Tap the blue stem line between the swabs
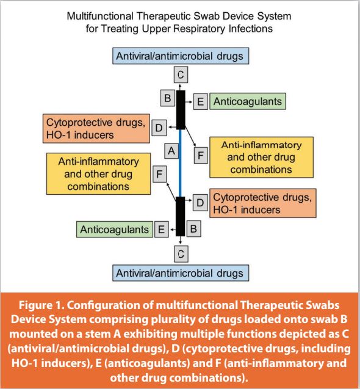pos(180,163)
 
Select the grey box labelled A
pos(171,151)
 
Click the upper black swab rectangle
pos(181,110)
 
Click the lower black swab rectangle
pos(180,216)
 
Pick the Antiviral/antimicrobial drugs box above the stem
pos(181,56)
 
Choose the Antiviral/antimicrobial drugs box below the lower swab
pos(181,273)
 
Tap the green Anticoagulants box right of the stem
pos(248,101)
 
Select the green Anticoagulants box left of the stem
pos(115,229)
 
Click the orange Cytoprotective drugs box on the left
pos(96,128)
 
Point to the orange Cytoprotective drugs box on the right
pos(263,203)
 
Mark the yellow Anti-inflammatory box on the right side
pos(261,158)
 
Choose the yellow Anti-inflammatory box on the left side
pos(98,173)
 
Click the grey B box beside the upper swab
pos(168,98)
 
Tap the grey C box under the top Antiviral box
pos(181,75)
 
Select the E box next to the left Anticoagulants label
pos(162,229)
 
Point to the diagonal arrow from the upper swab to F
pos(190,136)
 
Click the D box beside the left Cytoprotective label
pos(159,128)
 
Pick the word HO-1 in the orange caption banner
pos(24,363)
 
